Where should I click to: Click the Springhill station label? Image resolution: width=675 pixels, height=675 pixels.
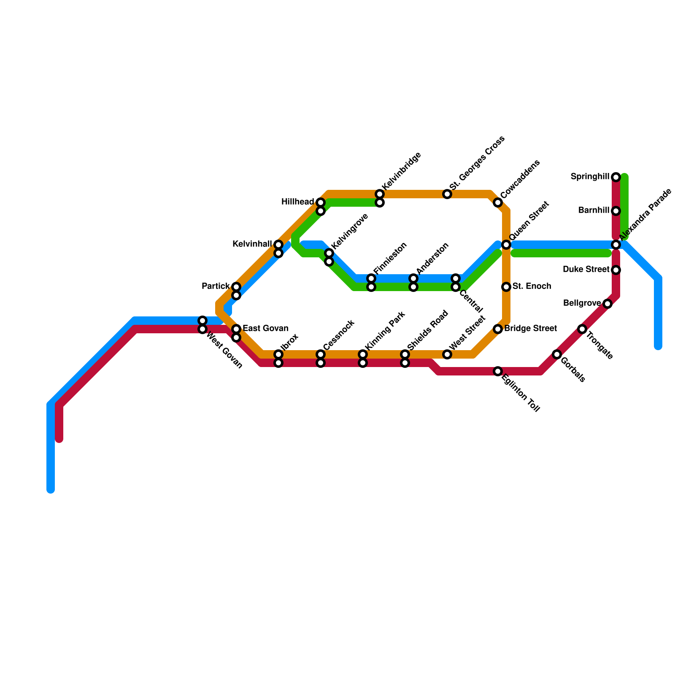[x=590, y=177]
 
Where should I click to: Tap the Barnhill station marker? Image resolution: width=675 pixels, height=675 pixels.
[x=616, y=211]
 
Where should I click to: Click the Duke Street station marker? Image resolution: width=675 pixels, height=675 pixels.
[x=616, y=270]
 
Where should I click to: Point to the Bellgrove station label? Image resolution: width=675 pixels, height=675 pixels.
[x=582, y=303]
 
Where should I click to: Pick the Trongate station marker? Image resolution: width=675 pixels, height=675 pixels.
[x=582, y=329]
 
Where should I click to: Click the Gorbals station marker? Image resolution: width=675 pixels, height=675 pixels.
[x=557, y=354]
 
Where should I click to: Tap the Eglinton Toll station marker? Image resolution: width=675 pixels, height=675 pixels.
[x=498, y=371]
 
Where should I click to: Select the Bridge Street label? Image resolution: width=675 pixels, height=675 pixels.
[x=530, y=329]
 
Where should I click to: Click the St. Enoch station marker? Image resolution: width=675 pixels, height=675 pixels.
[x=506, y=287]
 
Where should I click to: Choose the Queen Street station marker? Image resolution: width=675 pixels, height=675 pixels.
[x=506, y=245]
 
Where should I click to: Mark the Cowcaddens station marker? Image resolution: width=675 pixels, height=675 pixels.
[x=498, y=202]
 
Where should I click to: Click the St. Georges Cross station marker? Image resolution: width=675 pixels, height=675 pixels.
[x=447, y=194]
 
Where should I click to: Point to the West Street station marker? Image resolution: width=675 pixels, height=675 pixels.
[x=447, y=354]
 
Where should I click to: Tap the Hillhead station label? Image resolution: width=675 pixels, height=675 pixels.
[x=297, y=202]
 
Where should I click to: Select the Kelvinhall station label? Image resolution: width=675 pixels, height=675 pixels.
[x=252, y=244]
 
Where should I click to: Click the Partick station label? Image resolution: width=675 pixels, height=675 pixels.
[x=216, y=286]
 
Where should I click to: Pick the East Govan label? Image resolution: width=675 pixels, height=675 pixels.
[x=265, y=329]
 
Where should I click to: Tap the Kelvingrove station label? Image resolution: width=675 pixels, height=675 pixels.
[x=350, y=231]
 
